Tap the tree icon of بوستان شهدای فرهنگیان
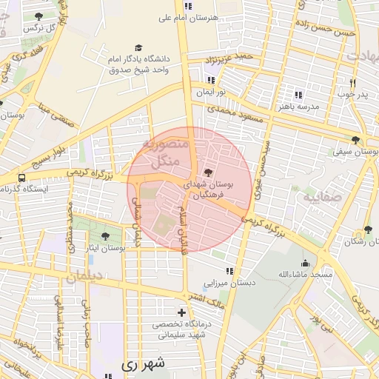click(207, 172)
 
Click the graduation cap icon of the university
click(138, 47)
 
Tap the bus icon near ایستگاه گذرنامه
click(21, 178)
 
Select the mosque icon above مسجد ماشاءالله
click(305, 262)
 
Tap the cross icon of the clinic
click(181, 312)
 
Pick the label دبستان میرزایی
click(230, 283)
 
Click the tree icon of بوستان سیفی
click(356, 139)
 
